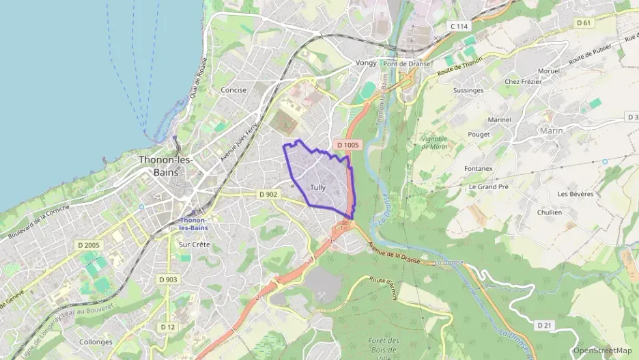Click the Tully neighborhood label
click(317, 187)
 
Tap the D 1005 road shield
click(347, 145)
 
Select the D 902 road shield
click(268, 194)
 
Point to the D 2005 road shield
click(89, 245)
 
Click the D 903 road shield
click(168, 279)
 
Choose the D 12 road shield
click(167, 327)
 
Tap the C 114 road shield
click(460, 26)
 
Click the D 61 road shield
click(583, 23)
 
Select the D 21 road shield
click(544, 325)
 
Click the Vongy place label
click(366, 63)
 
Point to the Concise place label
click(233, 89)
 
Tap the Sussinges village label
click(468, 90)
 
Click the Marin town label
click(552, 130)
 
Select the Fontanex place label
click(478, 169)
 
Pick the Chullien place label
click(549, 212)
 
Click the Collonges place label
click(96, 342)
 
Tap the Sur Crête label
click(194, 244)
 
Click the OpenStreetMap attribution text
click(601, 350)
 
